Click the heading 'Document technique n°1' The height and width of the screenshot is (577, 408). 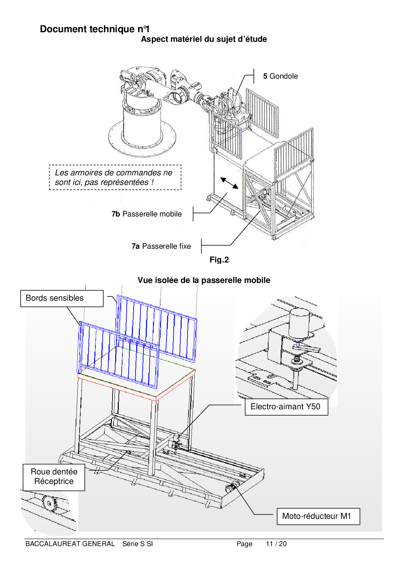(x=95, y=29)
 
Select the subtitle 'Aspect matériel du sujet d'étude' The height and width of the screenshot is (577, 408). (x=204, y=39)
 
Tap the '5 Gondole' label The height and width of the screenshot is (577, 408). (x=280, y=76)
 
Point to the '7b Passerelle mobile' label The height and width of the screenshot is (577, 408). (x=146, y=214)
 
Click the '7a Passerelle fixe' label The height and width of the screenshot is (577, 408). (x=161, y=246)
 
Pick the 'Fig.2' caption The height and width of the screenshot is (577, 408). (x=219, y=260)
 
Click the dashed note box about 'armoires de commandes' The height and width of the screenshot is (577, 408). (x=115, y=177)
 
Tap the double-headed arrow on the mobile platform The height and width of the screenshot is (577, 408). (x=229, y=183)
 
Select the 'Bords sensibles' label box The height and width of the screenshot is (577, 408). (x=62, y=298)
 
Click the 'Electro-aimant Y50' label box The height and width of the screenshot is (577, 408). (x=286, y=407)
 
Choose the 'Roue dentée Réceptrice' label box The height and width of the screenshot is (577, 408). (x=54, y=477)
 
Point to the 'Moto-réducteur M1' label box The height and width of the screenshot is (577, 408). (x=318, y=516)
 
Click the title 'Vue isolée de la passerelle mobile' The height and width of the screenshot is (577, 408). (x=204, y=280)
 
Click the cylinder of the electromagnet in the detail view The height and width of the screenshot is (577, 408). (x=299, y=323)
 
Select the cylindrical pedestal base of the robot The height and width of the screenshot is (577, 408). (x=142, y=127)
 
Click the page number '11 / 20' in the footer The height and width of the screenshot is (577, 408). (x=276, y=544)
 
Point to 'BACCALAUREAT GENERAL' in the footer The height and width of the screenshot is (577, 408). (x=70, y=544)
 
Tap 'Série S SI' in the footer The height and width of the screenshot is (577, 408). (x=138, y=544)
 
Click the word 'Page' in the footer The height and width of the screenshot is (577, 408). (x=244, y=544)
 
